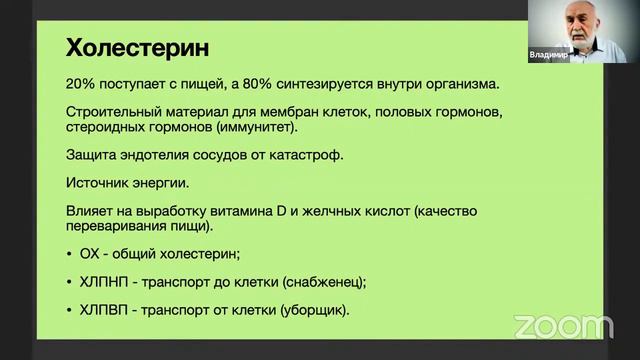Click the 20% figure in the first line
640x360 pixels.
pos(81,83)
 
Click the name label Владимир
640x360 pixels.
pos(548,57)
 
